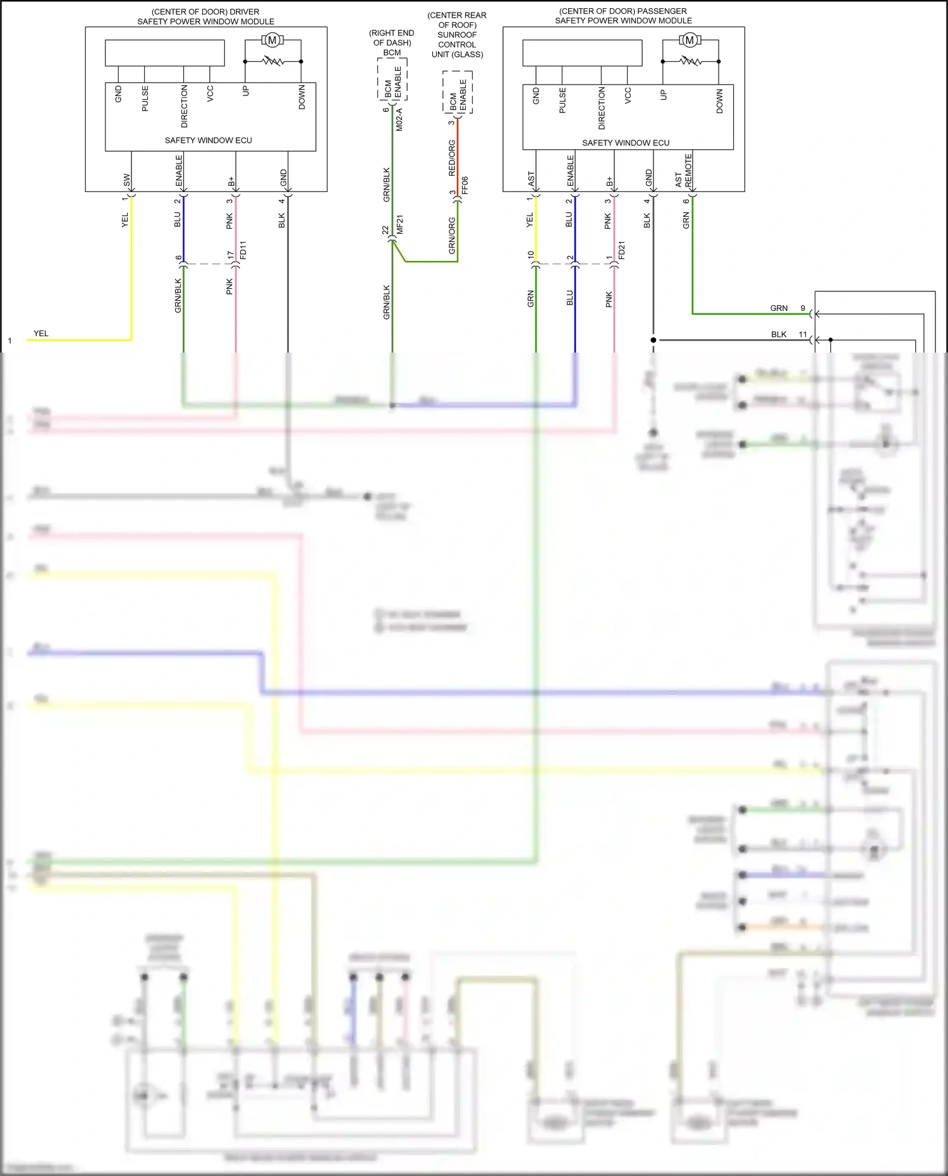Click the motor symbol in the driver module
tap(272, 40)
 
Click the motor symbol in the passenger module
tap(690, 40)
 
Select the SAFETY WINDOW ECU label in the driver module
tap(208, 140)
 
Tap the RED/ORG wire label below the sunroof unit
tap(451, 158)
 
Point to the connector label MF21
tap(399, 225)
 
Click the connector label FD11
tap(243, 250)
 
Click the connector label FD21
tap(622, 250)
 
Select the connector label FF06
tap(465, 185)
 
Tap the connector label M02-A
tap(399, 119)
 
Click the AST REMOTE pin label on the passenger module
tap(683, 171)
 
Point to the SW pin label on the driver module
tap(126, 179)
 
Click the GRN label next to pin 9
tap(779, 308)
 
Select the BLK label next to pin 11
tap(779, 334)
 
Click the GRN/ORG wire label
tap(451, 236)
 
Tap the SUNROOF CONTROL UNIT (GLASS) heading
tap(457, 35)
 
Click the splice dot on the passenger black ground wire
tap(653, 340)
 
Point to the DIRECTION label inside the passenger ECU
tap(601, 108)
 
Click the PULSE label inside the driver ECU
tap(145, 99)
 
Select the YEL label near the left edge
tap(41, 334)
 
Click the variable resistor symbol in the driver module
tap(273, 61)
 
